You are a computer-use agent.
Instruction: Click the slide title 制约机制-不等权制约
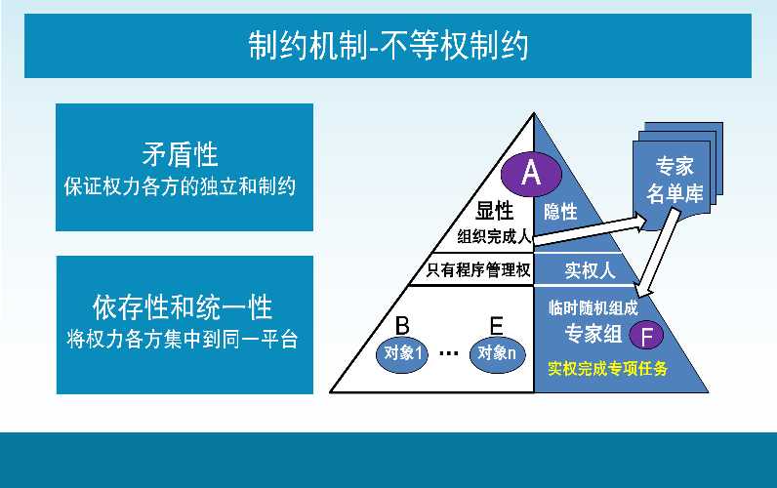click(x=388, y=46)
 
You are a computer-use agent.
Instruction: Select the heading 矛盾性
click(x=180, y=154)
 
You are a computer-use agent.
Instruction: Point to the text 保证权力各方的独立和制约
click(x=180, y=186)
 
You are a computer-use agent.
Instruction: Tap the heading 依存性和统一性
click(x=183, y=307)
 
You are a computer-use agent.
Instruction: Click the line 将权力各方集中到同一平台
click(x=183, y=340)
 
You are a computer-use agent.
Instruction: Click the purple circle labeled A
click(x=531, y=174)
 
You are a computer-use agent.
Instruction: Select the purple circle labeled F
click(x=646, y=335)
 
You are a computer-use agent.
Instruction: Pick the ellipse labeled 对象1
click(x=402, y=353)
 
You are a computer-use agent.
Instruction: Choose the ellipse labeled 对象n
click(x=497, y=353)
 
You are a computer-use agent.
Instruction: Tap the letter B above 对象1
click(x=402, y=326)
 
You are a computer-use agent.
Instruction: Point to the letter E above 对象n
click(x=496, y=326)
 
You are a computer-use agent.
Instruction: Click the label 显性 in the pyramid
click(x=495, y=211)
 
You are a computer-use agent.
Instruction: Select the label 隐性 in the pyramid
click(x=560, y=212)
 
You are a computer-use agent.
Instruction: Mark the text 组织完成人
click(x=494, y=236)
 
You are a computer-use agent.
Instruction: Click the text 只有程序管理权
click(x=478, y=270)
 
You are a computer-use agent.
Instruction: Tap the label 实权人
click(x=590, y=270)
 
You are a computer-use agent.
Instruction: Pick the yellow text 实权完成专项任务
click(x=607, y=369)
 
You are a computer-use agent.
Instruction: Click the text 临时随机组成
click(x=593, y=308)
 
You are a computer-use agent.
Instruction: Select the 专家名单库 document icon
click(x=677, y=176)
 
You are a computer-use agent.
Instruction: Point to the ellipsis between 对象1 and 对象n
click(x=449, y=353)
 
